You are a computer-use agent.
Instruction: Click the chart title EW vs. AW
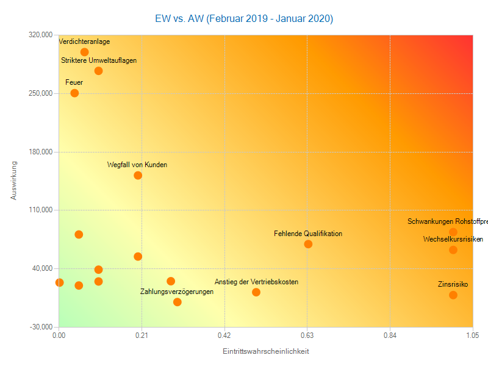pos(244,18)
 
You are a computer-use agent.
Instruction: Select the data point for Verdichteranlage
pos(85,52)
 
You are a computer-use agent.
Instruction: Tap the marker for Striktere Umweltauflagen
pos(98,71)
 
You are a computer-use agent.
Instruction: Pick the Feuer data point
pos(74,93)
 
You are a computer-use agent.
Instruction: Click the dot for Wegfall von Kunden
pos(138,176)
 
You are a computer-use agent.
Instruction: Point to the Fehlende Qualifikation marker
pos(308,244)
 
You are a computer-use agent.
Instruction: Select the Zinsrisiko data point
pos(453,295)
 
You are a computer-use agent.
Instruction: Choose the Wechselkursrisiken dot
pos(453,249)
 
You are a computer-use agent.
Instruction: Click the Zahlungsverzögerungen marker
pos(178,302)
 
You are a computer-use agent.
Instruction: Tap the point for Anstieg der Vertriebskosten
pos(256,292)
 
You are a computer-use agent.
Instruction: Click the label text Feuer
pos(74,82)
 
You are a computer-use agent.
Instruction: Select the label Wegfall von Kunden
pos(137,165)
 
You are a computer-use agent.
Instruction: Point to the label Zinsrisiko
pos(453,284)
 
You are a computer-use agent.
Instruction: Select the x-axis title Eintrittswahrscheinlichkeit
pos(265,351)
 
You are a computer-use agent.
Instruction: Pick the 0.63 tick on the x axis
pos(307,335)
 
